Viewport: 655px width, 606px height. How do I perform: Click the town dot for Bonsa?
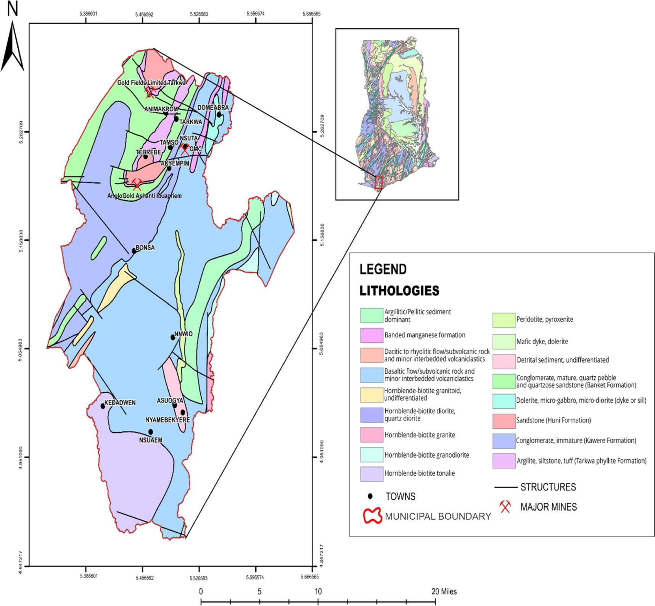[x=134, y=251]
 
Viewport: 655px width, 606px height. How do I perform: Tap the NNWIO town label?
[x=183, y=334]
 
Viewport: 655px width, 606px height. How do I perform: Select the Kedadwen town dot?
[x=103, y=406]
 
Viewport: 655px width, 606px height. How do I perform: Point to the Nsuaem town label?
[x=151, y=440]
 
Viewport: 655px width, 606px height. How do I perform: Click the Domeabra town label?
[x=213, y=108]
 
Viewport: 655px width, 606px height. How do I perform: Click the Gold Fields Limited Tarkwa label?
[x=151, y=82]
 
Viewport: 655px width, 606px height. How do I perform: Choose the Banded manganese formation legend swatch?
[x=372, y=335]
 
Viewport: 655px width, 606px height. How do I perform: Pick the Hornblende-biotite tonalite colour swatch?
[x=372, y=474]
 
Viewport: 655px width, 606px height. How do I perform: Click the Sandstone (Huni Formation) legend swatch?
[x=504, y=421]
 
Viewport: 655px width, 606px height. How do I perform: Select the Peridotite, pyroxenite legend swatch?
[x=504, y=320]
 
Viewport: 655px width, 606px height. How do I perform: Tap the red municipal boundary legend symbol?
[x=372, y=516]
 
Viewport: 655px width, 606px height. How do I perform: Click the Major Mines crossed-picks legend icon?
[x=505, y=507]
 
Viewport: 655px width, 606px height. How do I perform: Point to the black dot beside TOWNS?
[x=370, y=496]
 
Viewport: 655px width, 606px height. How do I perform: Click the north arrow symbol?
[x=13, y=46]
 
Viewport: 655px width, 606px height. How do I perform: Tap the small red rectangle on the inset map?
[x=378, y=183]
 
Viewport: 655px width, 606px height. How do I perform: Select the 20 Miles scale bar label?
[x=444, y=591]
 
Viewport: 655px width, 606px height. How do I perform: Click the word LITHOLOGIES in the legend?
[x=399, y=291]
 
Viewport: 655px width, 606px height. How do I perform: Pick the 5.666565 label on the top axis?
[x=311, y=14]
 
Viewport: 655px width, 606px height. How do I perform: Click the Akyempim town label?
[x=175, y=163]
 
